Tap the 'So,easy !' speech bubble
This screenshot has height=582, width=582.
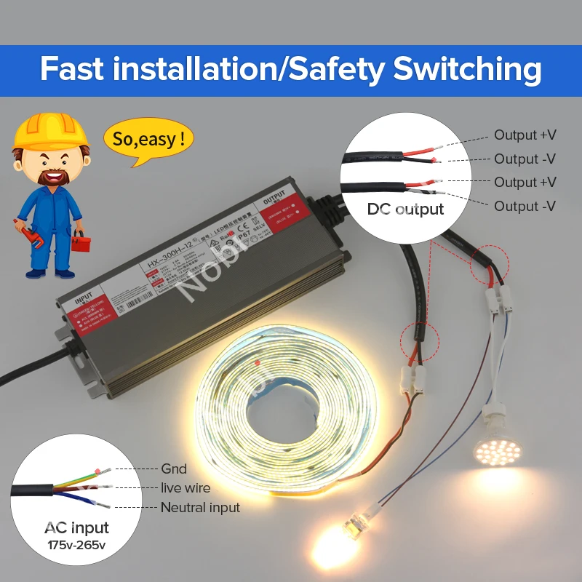click(148, 138)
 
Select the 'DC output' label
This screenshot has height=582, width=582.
click(405, 210)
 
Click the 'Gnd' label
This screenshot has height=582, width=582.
click(174, 469)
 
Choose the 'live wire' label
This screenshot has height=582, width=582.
click(186, 488)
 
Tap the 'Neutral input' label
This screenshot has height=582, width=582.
click(200, 507)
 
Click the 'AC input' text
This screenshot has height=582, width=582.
click(76, 527)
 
